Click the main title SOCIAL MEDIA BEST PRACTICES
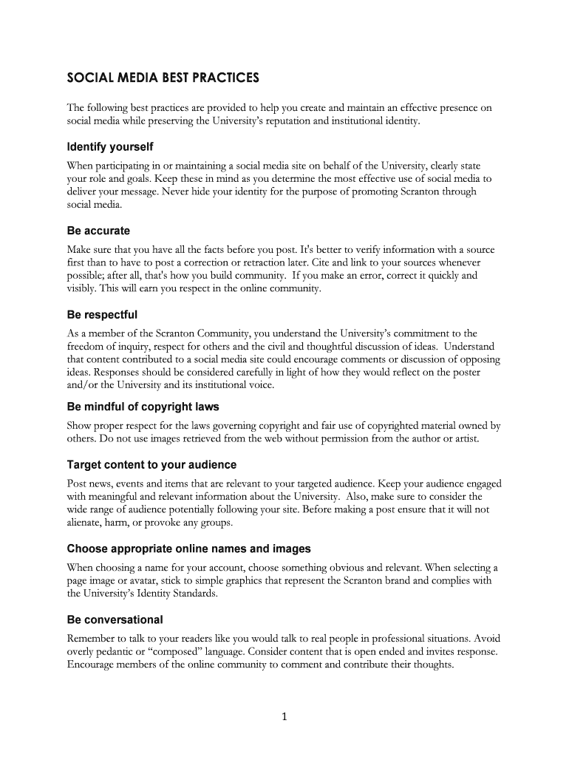(x=163, y=77)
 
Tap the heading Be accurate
(x=98, y=231)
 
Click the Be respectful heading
(x=102, y=315)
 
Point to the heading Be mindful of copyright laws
(x=143, y=407)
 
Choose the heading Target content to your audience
(x=151, y=465)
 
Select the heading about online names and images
(x=188, y=549)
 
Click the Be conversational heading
(x=115, y=619)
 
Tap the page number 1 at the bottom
(x=284, y=716)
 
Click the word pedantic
(x=120, y=651)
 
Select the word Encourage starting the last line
(x=93, y=665)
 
